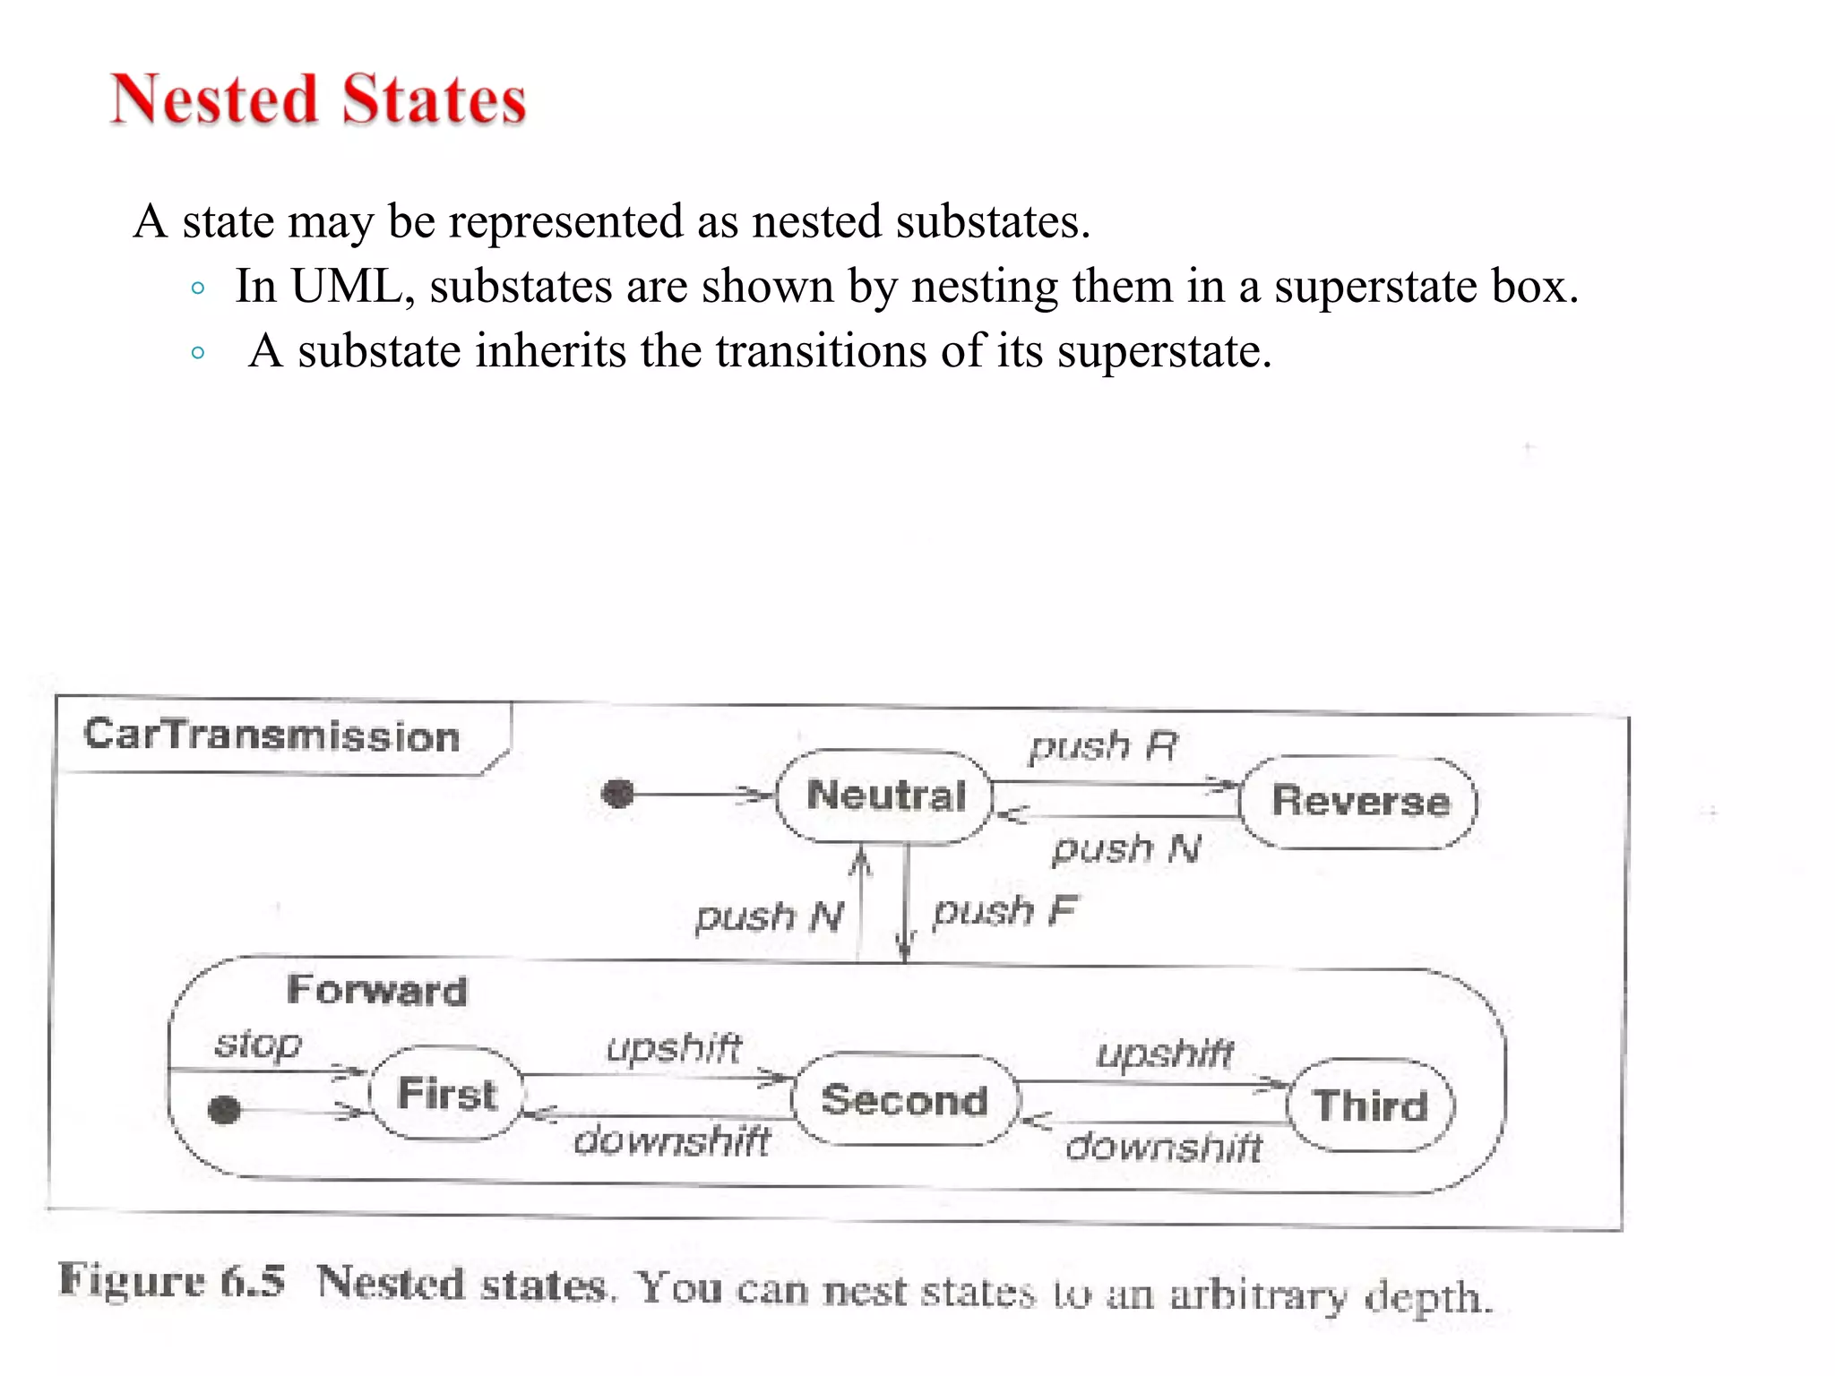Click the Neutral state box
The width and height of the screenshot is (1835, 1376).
click(x=885, y=796)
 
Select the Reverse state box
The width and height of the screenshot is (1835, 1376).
click(x=1359, y=802)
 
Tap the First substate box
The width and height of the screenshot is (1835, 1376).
click(x=446, y=1094)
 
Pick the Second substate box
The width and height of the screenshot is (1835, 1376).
click(x=905, y=1100)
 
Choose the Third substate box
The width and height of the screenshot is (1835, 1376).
click(x=1371, y=1105)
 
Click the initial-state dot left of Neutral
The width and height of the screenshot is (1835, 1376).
click(x=617, y=794)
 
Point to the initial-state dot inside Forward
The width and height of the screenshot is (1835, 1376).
click(x=224, y=1110)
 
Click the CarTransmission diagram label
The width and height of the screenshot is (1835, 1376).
click(x=271, y=735)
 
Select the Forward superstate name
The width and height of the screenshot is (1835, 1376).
click(x=377, y=991)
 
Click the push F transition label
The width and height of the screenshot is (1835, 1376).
click(x=1004, y=912)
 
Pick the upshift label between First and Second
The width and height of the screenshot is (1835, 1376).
click(x=674, y=1047)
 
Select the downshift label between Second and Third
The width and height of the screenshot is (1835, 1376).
click(x=1164, y=1148)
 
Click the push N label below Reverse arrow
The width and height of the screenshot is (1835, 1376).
click(x=1126, y=848)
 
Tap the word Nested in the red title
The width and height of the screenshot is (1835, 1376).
click(x=215, y=99)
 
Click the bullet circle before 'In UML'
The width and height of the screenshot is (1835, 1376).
click(x=198, y=288)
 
